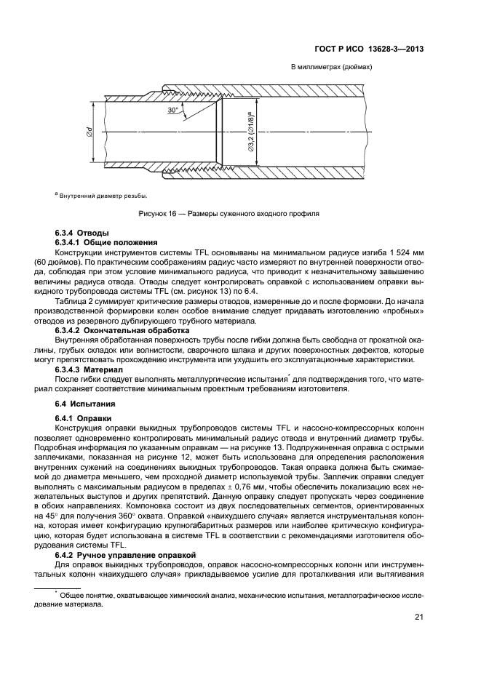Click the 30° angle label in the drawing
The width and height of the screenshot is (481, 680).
pyautogui.click(x=172, y=110)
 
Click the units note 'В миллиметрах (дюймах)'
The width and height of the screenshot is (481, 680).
pyautogui.click(x=331, y=67)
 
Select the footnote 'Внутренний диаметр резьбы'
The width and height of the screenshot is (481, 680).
pyautogui.click(x=103, y=195)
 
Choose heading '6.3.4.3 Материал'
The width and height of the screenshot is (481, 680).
pyautogui.click(x=91, y=370)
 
